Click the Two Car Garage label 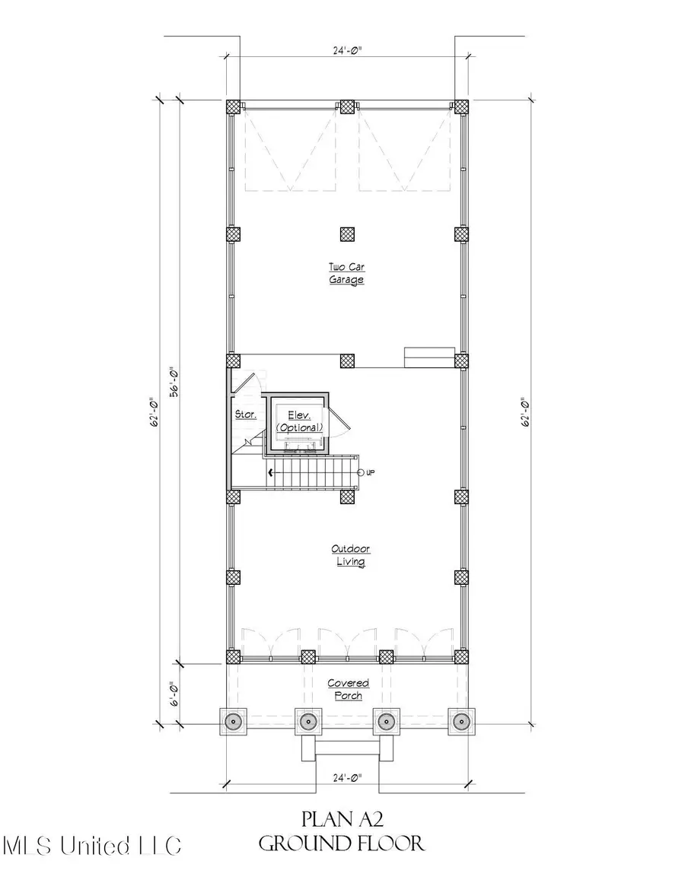(x=346, y=273)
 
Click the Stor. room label (x=245, y=415)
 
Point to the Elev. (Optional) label (x=299, y=421)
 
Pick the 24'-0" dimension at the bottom (x=347, y=778)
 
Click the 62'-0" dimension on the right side (x=525, y=411)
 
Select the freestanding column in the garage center (x=347, y=233)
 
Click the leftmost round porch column (x=233, y=720)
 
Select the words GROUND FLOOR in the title (x=342, y=843)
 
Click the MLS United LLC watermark (x=91, y=846)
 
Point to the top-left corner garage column (x=233, y=106)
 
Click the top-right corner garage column (x=461, y=106)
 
